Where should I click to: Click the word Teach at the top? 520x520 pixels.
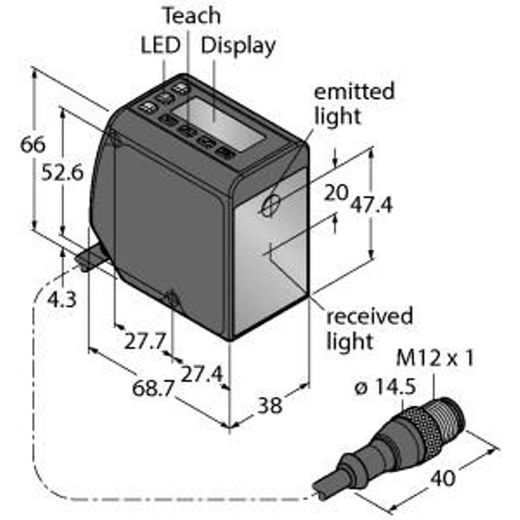coord(192,16)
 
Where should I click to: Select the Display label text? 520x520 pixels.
coord(238,45)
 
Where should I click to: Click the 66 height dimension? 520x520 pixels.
coord(33,145)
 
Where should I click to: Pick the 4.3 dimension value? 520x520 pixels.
coord(62,300)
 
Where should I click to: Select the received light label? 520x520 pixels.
coord(367,328)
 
